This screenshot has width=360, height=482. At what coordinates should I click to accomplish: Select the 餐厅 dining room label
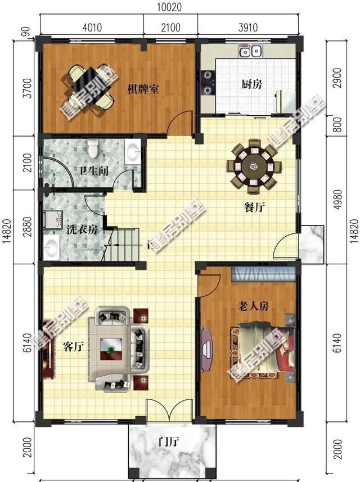254,207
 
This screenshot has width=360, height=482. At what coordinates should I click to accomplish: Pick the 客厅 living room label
73,346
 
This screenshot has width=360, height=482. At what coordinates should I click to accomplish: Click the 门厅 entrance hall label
168,442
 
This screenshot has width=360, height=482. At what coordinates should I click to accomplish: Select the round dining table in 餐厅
252,166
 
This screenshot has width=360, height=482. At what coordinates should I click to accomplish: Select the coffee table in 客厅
111,349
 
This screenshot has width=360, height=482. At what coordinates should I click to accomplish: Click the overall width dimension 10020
169,7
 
